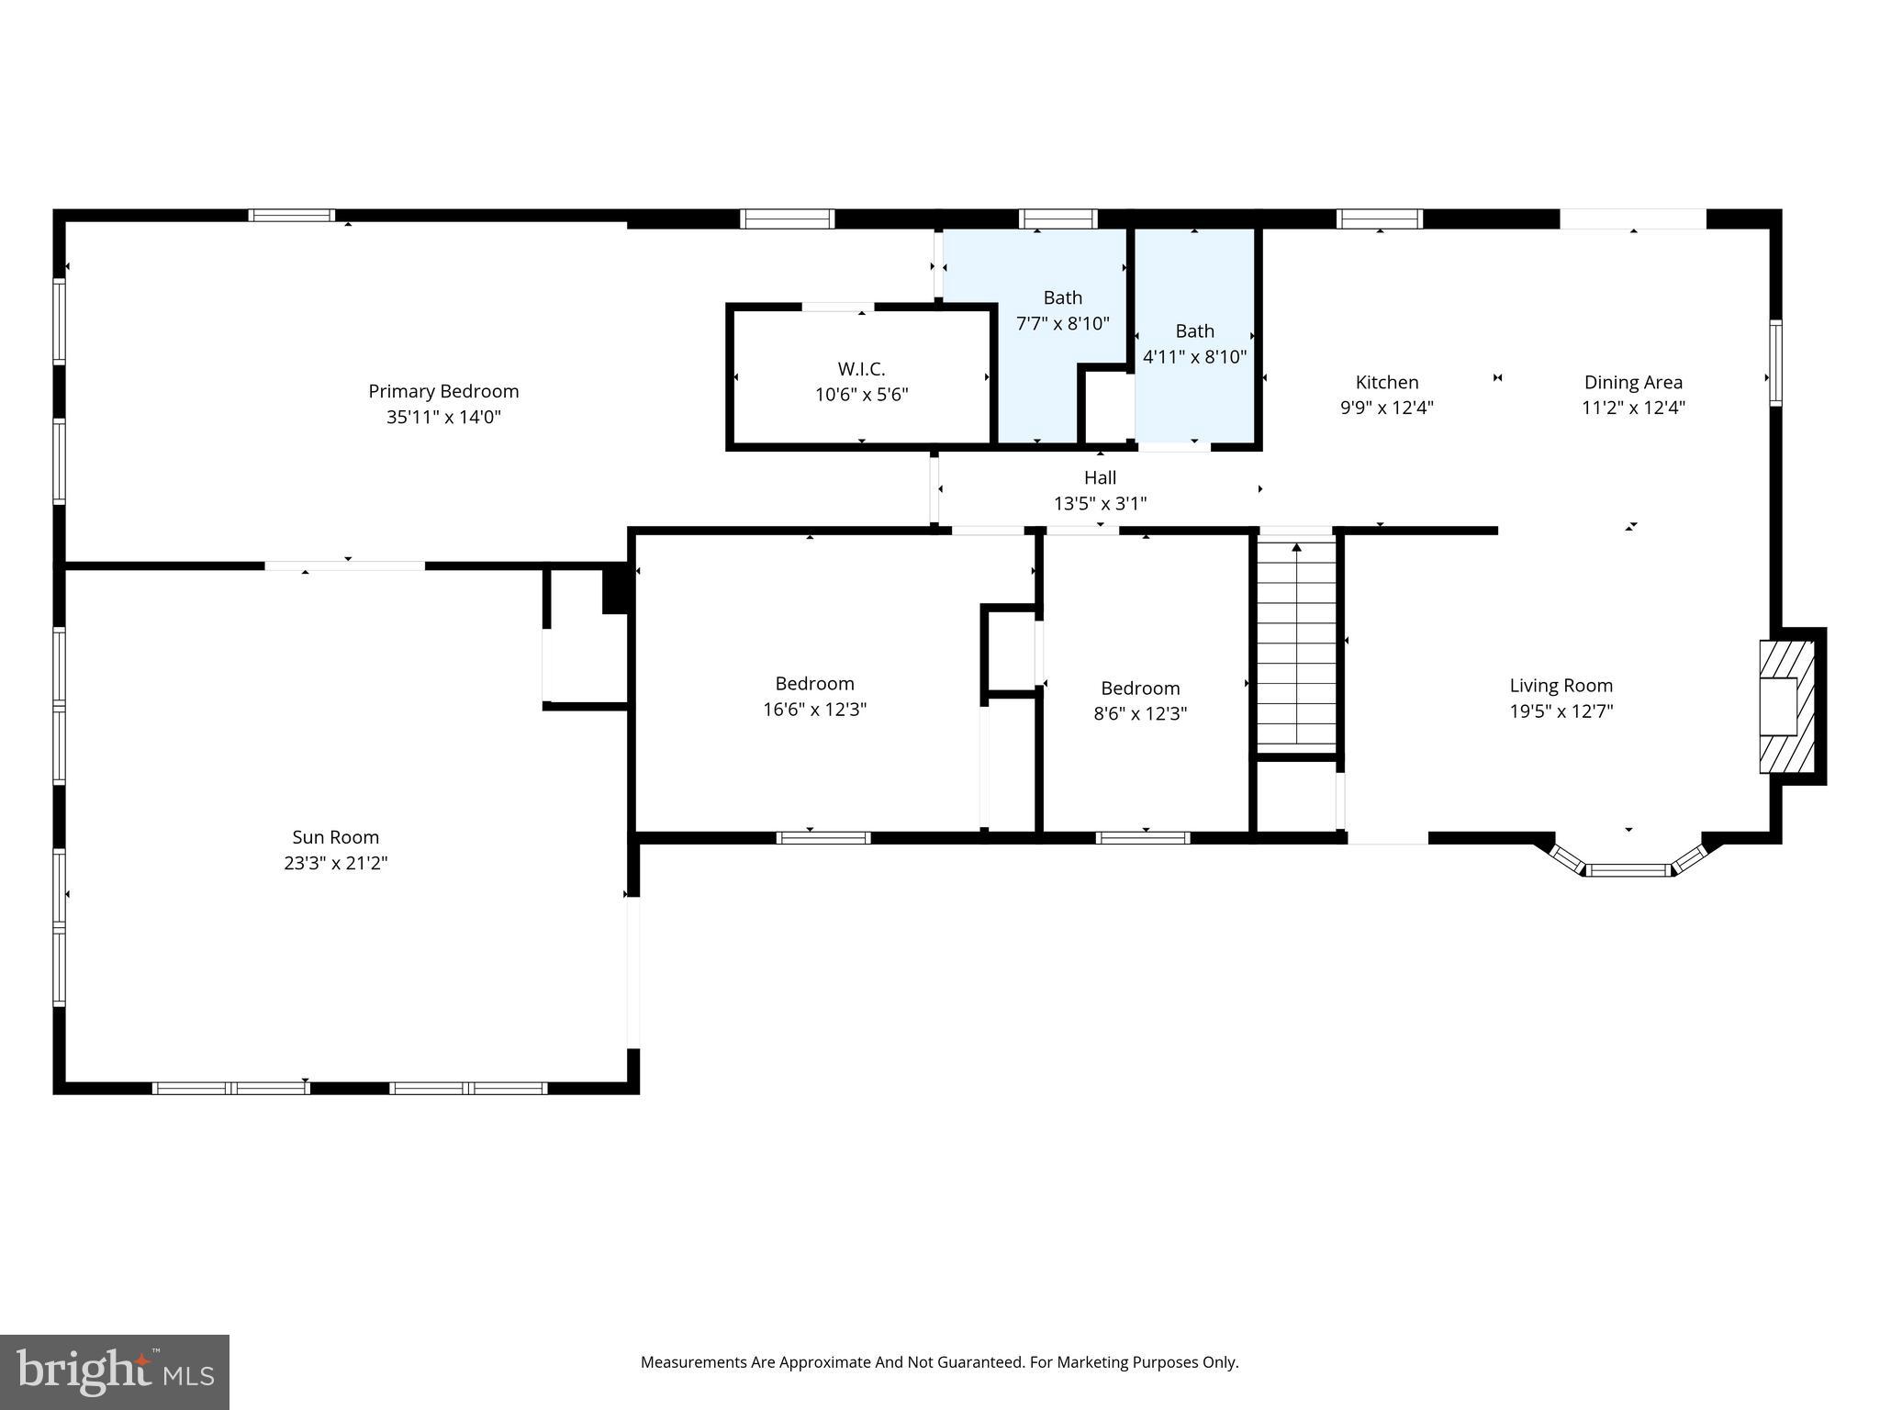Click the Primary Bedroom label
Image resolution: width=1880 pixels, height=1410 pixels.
(x=443, y=391)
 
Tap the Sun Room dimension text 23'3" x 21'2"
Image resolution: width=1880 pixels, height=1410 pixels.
(x=336, y=863)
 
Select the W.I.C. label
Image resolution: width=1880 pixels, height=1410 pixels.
(x=861, y=369)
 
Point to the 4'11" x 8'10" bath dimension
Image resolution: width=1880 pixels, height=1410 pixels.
(x=1194, y=356)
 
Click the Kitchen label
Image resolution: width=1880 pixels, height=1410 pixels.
(x=1386, y=382)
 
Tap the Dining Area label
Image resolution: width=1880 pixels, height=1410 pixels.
(x=1632, y=382)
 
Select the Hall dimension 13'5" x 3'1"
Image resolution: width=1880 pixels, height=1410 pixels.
(x=1100, y=503)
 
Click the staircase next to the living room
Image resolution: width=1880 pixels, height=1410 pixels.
(x=1296, y=643)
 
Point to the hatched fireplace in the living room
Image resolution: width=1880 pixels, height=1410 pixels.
(x=1786, y=706)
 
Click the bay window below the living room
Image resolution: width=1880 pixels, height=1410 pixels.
(x=1628, y=867)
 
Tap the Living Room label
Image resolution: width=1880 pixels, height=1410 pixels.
(x=1561, y=685)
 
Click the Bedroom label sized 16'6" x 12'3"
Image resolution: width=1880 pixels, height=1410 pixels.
(x=814, y=683)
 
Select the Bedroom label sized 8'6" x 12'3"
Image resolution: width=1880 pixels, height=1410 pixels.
(x=1140, y=688)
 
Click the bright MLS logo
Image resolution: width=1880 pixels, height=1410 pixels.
(x=115, y=1371)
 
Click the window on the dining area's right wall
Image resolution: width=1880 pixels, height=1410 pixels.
(x=1775, y=363)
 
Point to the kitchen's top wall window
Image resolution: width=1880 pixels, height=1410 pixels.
(x=1379, y=218)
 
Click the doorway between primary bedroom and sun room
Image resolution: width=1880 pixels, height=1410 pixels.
(x=344, y=565)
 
